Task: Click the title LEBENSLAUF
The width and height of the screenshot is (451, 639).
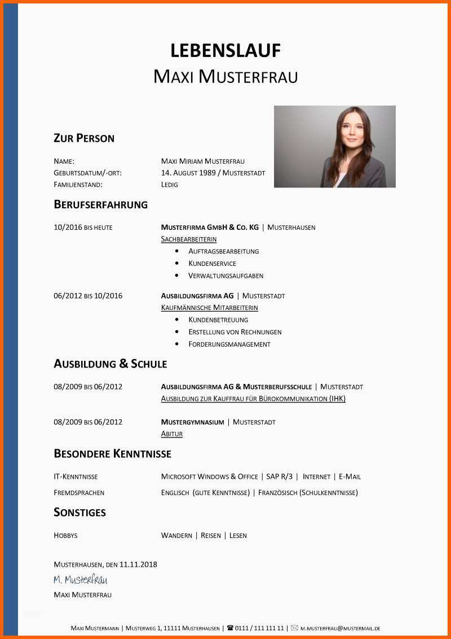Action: coord(225,50)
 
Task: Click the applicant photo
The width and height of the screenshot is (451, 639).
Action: coord(334,146)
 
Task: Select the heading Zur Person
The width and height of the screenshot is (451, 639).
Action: coord(84,138)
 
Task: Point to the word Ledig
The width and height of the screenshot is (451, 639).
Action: coord(169,185)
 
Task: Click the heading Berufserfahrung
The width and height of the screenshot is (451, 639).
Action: coord(100,204)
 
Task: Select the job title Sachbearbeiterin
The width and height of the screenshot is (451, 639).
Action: coord(189,239)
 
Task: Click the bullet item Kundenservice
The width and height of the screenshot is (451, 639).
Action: coord(213,264)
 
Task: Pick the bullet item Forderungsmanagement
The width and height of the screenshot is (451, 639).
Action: coord(229,344)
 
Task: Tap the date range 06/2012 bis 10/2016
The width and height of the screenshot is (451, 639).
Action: coord(88,296)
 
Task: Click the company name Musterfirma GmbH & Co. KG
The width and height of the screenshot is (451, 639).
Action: coord(210,227)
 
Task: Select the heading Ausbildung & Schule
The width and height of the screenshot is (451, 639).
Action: coord(110,364)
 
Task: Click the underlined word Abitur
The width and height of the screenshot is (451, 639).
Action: coord(172,434)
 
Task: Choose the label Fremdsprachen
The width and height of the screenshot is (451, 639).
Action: coord(79,493)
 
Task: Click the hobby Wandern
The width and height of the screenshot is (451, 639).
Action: coord(176,536)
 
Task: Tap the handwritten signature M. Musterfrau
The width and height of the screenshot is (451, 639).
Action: coord(80,580)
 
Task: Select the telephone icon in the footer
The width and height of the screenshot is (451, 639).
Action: coord(230,628)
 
